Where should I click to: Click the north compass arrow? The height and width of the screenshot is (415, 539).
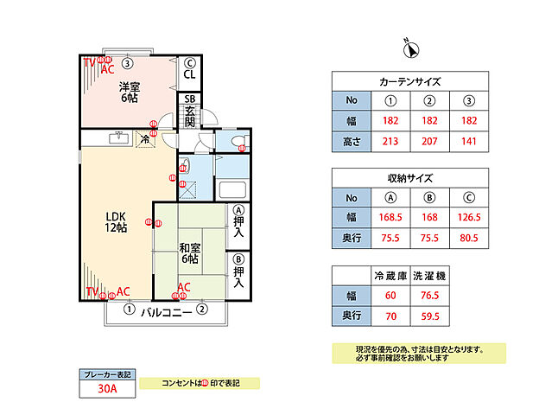(411, 49)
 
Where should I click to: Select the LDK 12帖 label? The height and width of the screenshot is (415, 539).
(116, 221)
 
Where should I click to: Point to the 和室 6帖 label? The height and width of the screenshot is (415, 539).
(190, 253)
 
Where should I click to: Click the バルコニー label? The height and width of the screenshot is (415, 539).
(165, 310)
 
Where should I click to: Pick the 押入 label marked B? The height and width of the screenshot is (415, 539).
(239, 271)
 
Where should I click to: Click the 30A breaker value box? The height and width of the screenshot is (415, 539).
(108, 390)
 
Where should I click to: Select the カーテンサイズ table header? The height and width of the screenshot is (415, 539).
(410, 82)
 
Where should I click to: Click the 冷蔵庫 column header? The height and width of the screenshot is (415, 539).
(390, 275)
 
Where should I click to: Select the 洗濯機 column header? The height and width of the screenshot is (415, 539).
(430, 275)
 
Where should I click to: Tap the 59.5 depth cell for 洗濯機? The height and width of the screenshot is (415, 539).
(430, 316)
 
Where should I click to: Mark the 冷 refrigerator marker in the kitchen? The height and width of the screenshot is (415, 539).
(144, 138)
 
